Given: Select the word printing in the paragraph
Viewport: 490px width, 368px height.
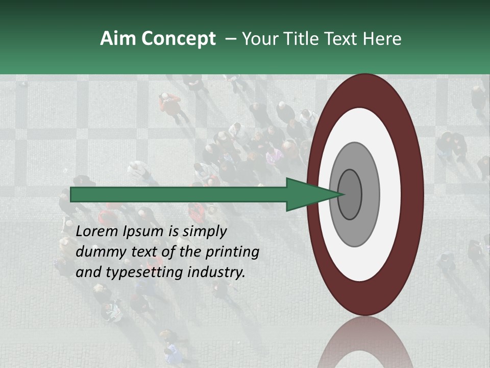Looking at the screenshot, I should [232, 252].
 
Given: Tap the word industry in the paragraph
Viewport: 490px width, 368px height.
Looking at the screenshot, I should [216, 272].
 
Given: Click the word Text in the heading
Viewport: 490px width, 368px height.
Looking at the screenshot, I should [344, 39].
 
